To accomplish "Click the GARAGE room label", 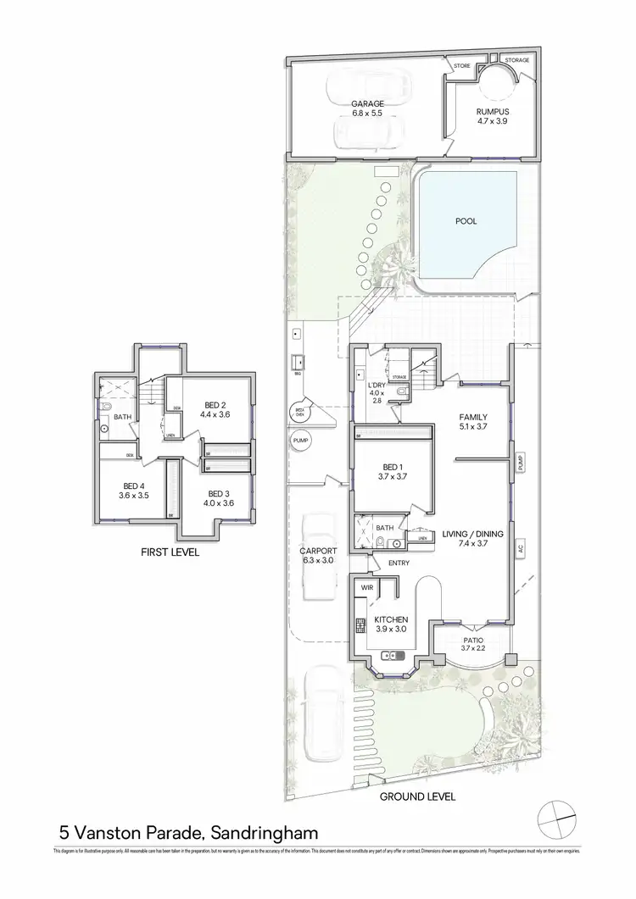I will (x=368, y=104).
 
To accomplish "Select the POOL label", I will (x=466, y=221).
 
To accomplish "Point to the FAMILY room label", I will (x=473, y=417).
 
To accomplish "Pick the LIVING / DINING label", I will (x=472, y=534).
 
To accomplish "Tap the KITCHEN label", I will (x=393, y=620).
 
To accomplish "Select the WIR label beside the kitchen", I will (x=367, y=586).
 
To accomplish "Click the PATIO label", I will (x=472, y=641).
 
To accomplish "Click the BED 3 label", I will (x=219, y=494).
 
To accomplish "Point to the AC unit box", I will (x=520, y=548).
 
